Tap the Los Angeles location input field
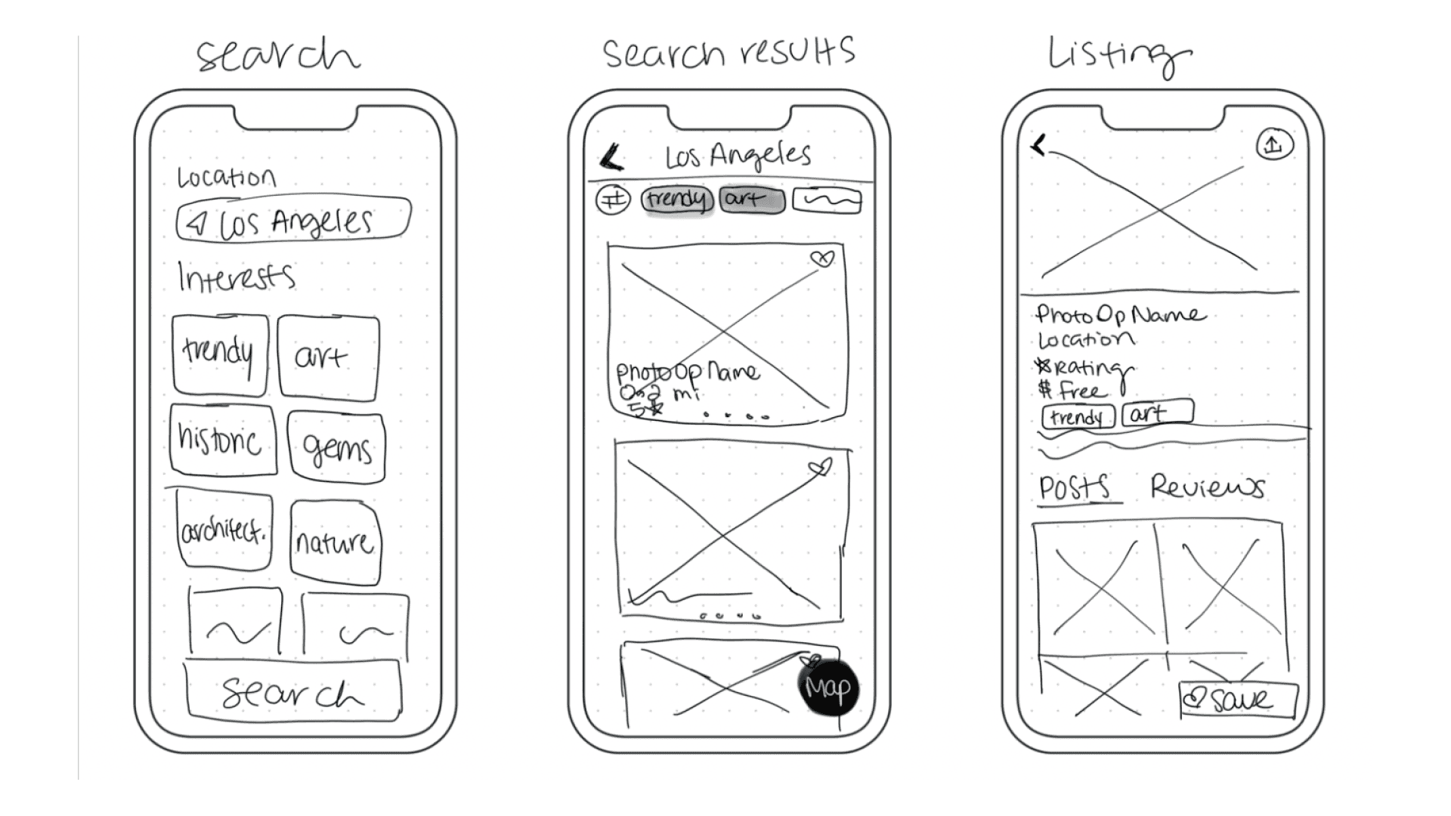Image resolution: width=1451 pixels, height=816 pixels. [293, 221]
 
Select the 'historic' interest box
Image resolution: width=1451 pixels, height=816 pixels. [222, 440]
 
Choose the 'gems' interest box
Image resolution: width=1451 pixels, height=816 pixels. [336, 447]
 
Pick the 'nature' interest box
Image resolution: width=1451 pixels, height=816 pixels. [335, 542]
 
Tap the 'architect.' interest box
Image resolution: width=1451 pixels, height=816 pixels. [224, 530]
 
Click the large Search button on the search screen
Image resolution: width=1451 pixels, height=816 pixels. [293, 691]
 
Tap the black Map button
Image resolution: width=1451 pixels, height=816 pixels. [828, 688]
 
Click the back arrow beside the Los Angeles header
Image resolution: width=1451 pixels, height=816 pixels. [611, 158]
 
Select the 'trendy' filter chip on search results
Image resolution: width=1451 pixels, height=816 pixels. [677, 199]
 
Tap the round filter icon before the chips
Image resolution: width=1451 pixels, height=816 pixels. [613, 200]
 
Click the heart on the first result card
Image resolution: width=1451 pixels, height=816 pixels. [822, 259]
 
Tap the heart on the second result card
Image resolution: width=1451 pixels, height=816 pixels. [821, 468]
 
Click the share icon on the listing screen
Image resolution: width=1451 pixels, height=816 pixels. [1274, 144]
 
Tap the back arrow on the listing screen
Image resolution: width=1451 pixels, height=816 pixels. [1040, 145]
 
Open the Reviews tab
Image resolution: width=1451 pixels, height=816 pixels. [1207, 487]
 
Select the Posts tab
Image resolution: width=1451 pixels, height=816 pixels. [1075, 488]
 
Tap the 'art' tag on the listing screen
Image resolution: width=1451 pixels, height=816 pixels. [1156, 413]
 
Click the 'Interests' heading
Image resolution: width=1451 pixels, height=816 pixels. [236, 277]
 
